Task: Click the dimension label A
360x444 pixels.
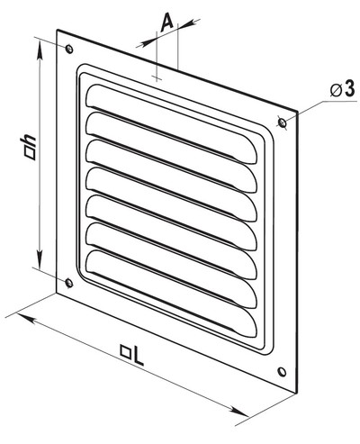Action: pos(167,23)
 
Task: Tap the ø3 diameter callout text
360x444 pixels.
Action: pos(342,89)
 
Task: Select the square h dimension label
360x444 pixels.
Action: pos(30,148)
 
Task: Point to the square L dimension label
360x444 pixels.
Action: pos(131,355)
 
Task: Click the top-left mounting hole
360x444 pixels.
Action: pos(69,49)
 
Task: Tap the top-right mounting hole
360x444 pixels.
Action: pos(282,122)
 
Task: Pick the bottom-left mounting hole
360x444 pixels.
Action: pos(69,283)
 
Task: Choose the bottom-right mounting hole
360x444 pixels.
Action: pos(282,372)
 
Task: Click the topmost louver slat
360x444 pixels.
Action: pos(172,124)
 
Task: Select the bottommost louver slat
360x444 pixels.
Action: pos(172,292)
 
